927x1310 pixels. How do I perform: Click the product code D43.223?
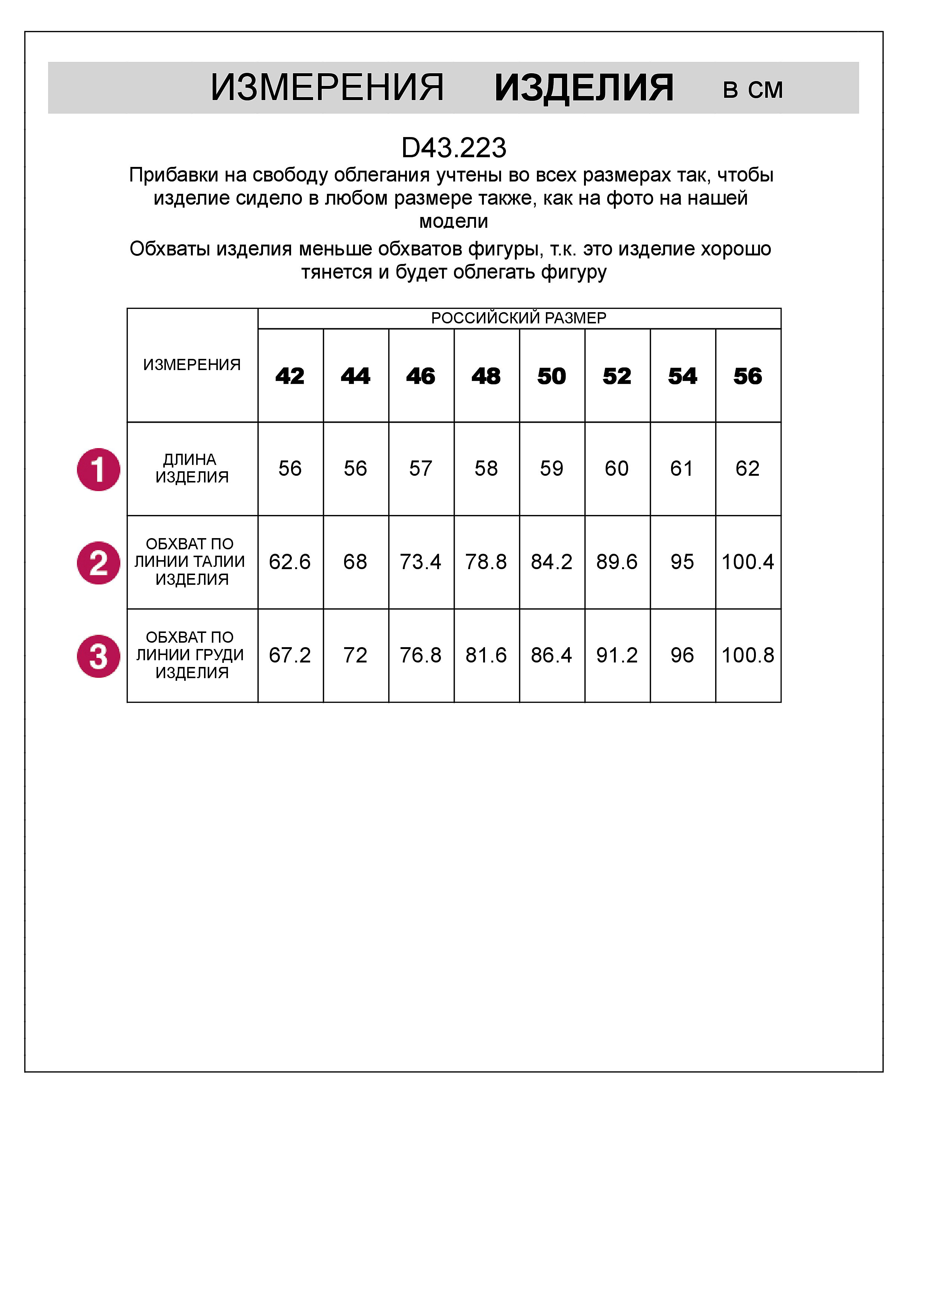click(454, 148)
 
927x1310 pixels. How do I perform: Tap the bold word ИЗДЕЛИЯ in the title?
click(583, 89)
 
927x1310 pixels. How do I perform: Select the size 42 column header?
click(290, 376)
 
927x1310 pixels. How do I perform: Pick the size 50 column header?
click(551, 376)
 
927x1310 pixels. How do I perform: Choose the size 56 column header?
click(748, 376)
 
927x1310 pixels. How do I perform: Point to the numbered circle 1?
click(99, 469)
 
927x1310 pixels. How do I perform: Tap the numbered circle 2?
click(99, 562)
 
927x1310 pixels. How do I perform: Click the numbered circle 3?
click(99, 656)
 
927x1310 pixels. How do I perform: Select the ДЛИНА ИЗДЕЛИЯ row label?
click(191, 468)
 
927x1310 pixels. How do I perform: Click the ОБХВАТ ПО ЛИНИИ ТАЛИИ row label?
click(190, 561)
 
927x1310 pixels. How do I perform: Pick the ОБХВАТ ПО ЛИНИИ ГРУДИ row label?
click(190, 655)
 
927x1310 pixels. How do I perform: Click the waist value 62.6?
click(290, 562)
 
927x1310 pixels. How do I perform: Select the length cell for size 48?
click(486, 468)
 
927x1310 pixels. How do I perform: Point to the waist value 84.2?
click(551, 562)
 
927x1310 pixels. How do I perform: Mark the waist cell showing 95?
click(682, 562)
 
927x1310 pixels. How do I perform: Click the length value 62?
click(748, 468)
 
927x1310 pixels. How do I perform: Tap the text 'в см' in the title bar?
click(753, 90)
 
